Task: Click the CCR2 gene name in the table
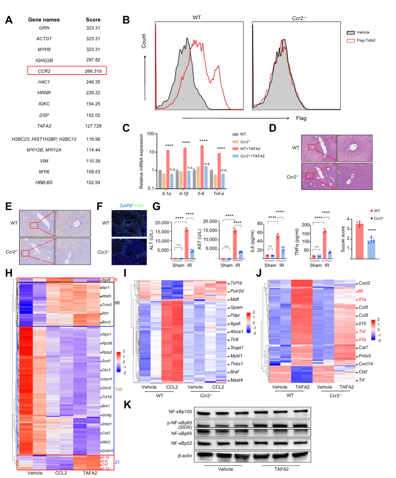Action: coord(44,71)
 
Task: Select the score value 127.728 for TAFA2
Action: coord(93,126)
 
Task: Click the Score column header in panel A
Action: coord(93,20)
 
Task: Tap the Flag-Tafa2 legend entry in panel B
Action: coord(366,40)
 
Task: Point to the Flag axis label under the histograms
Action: coord(301,118)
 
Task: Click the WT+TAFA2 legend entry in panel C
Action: coord(250,149)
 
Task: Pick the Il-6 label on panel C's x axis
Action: coord(201,193)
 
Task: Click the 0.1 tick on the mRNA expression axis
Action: coord(151,189)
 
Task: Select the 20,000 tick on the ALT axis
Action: coord(162,223)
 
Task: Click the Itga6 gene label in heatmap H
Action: coord(106,280)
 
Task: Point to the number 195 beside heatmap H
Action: coord(118,389)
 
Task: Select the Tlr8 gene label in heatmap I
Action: coord(234,340)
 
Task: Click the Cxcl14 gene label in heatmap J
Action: coord(366,364)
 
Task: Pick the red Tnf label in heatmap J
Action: coord(362,332)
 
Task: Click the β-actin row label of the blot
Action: coord(185,456)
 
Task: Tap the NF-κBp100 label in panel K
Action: coord(180,412)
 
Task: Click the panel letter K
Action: coord(127,405)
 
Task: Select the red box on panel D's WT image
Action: coord(312,147)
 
